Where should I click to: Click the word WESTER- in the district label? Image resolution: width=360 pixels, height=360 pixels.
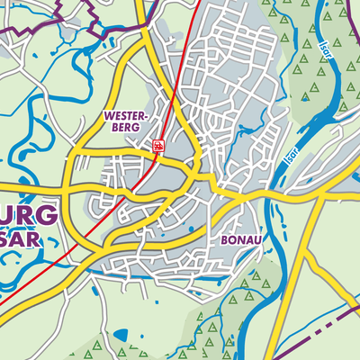click(125, 117)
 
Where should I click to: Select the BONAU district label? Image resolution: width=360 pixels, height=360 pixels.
click(241, 241)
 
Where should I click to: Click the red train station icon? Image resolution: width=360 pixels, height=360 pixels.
click(158, 146)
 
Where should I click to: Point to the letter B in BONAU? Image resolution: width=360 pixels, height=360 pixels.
click(224, 241)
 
